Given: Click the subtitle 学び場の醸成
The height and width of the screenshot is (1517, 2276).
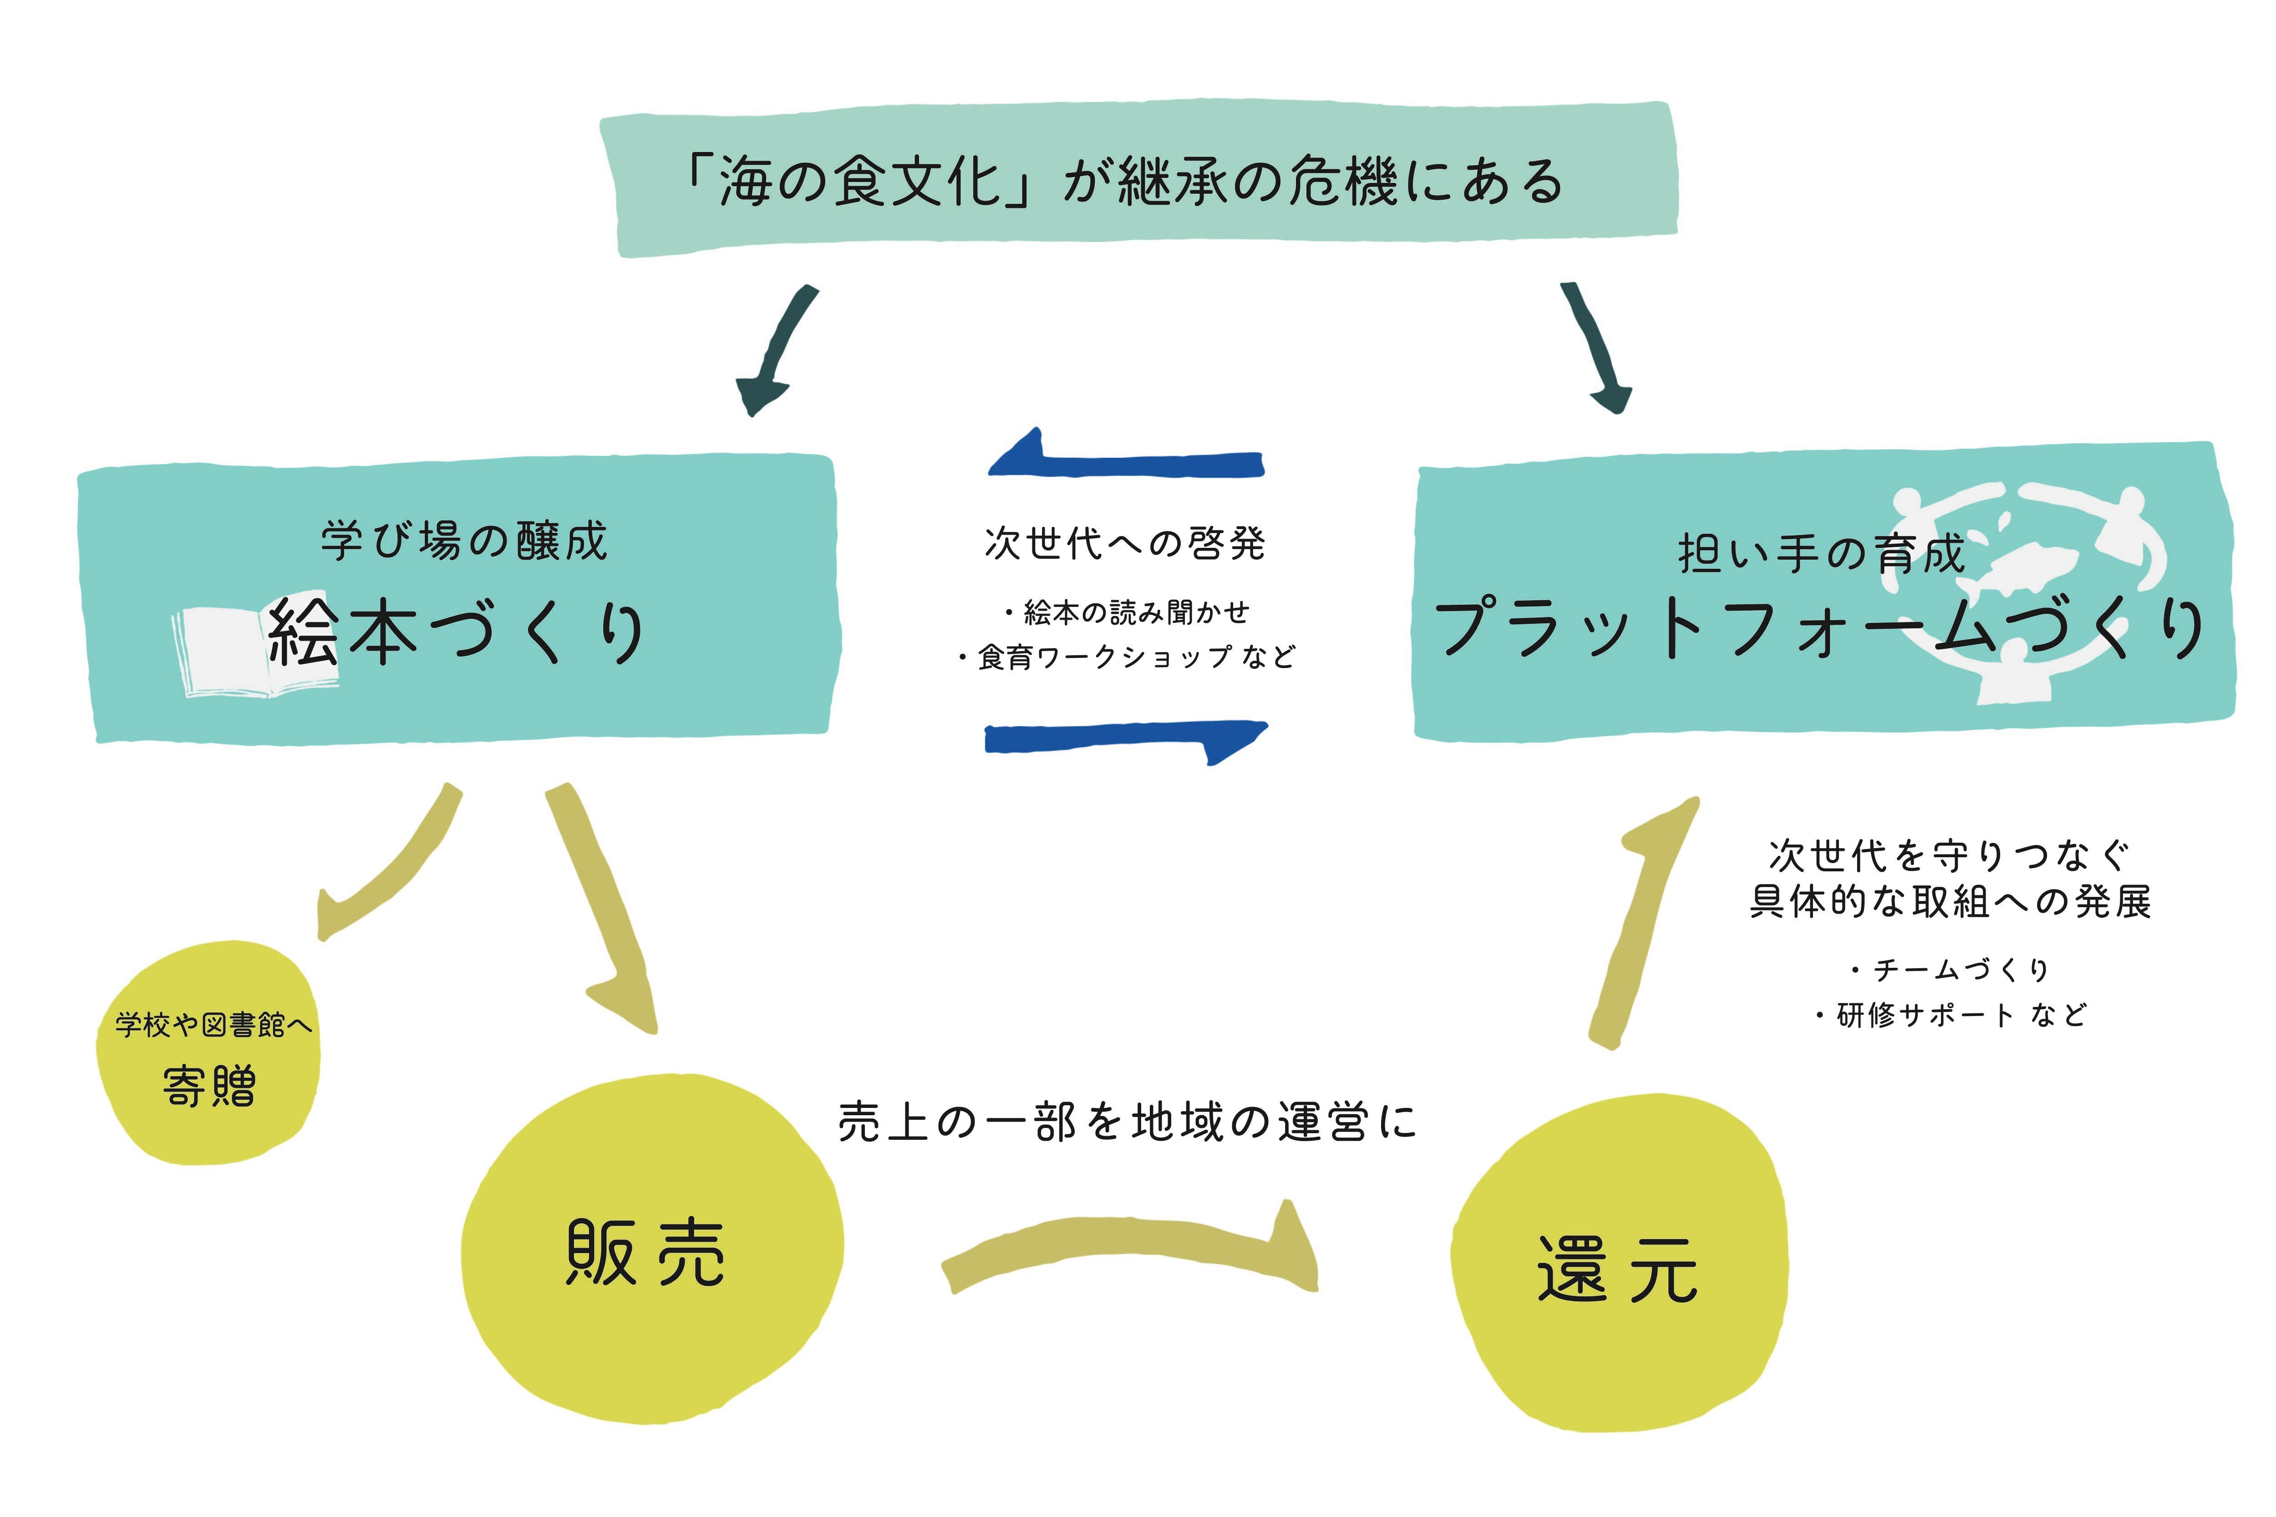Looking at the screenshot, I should (x=464, y=540).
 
